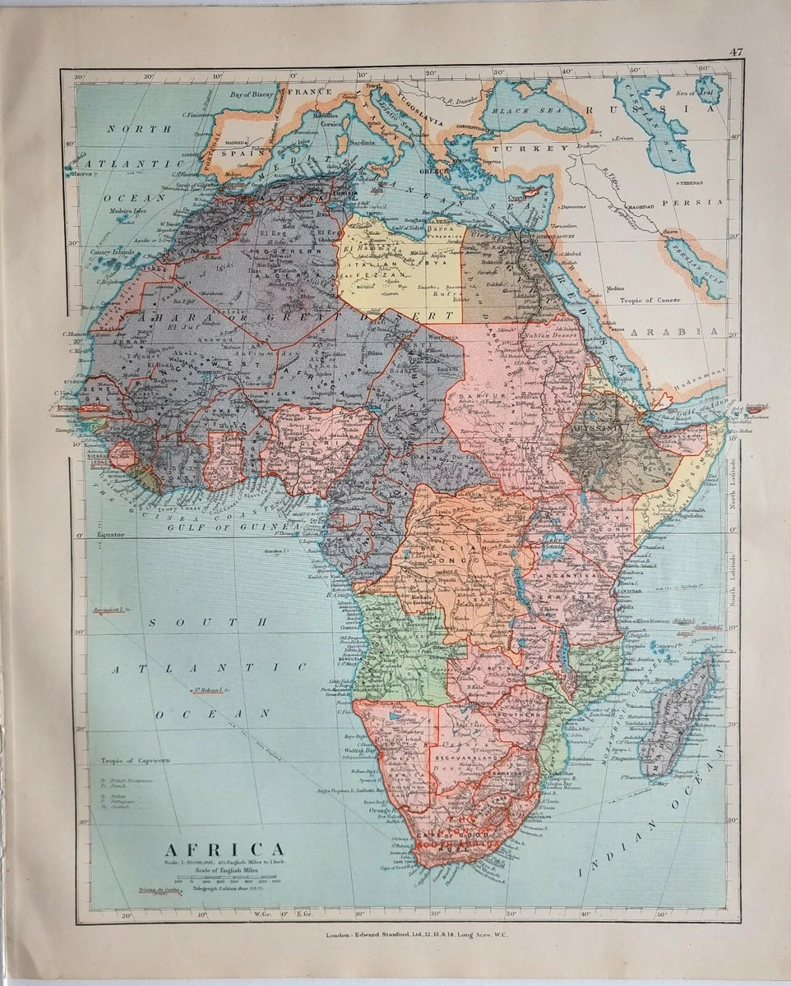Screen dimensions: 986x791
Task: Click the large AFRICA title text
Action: pyautogui.click(x=225, y=848)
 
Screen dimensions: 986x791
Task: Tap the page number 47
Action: pyautogui.click(x=736, y=53)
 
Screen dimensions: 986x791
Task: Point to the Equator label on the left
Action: pyautogui.click(x=110, y=534)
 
